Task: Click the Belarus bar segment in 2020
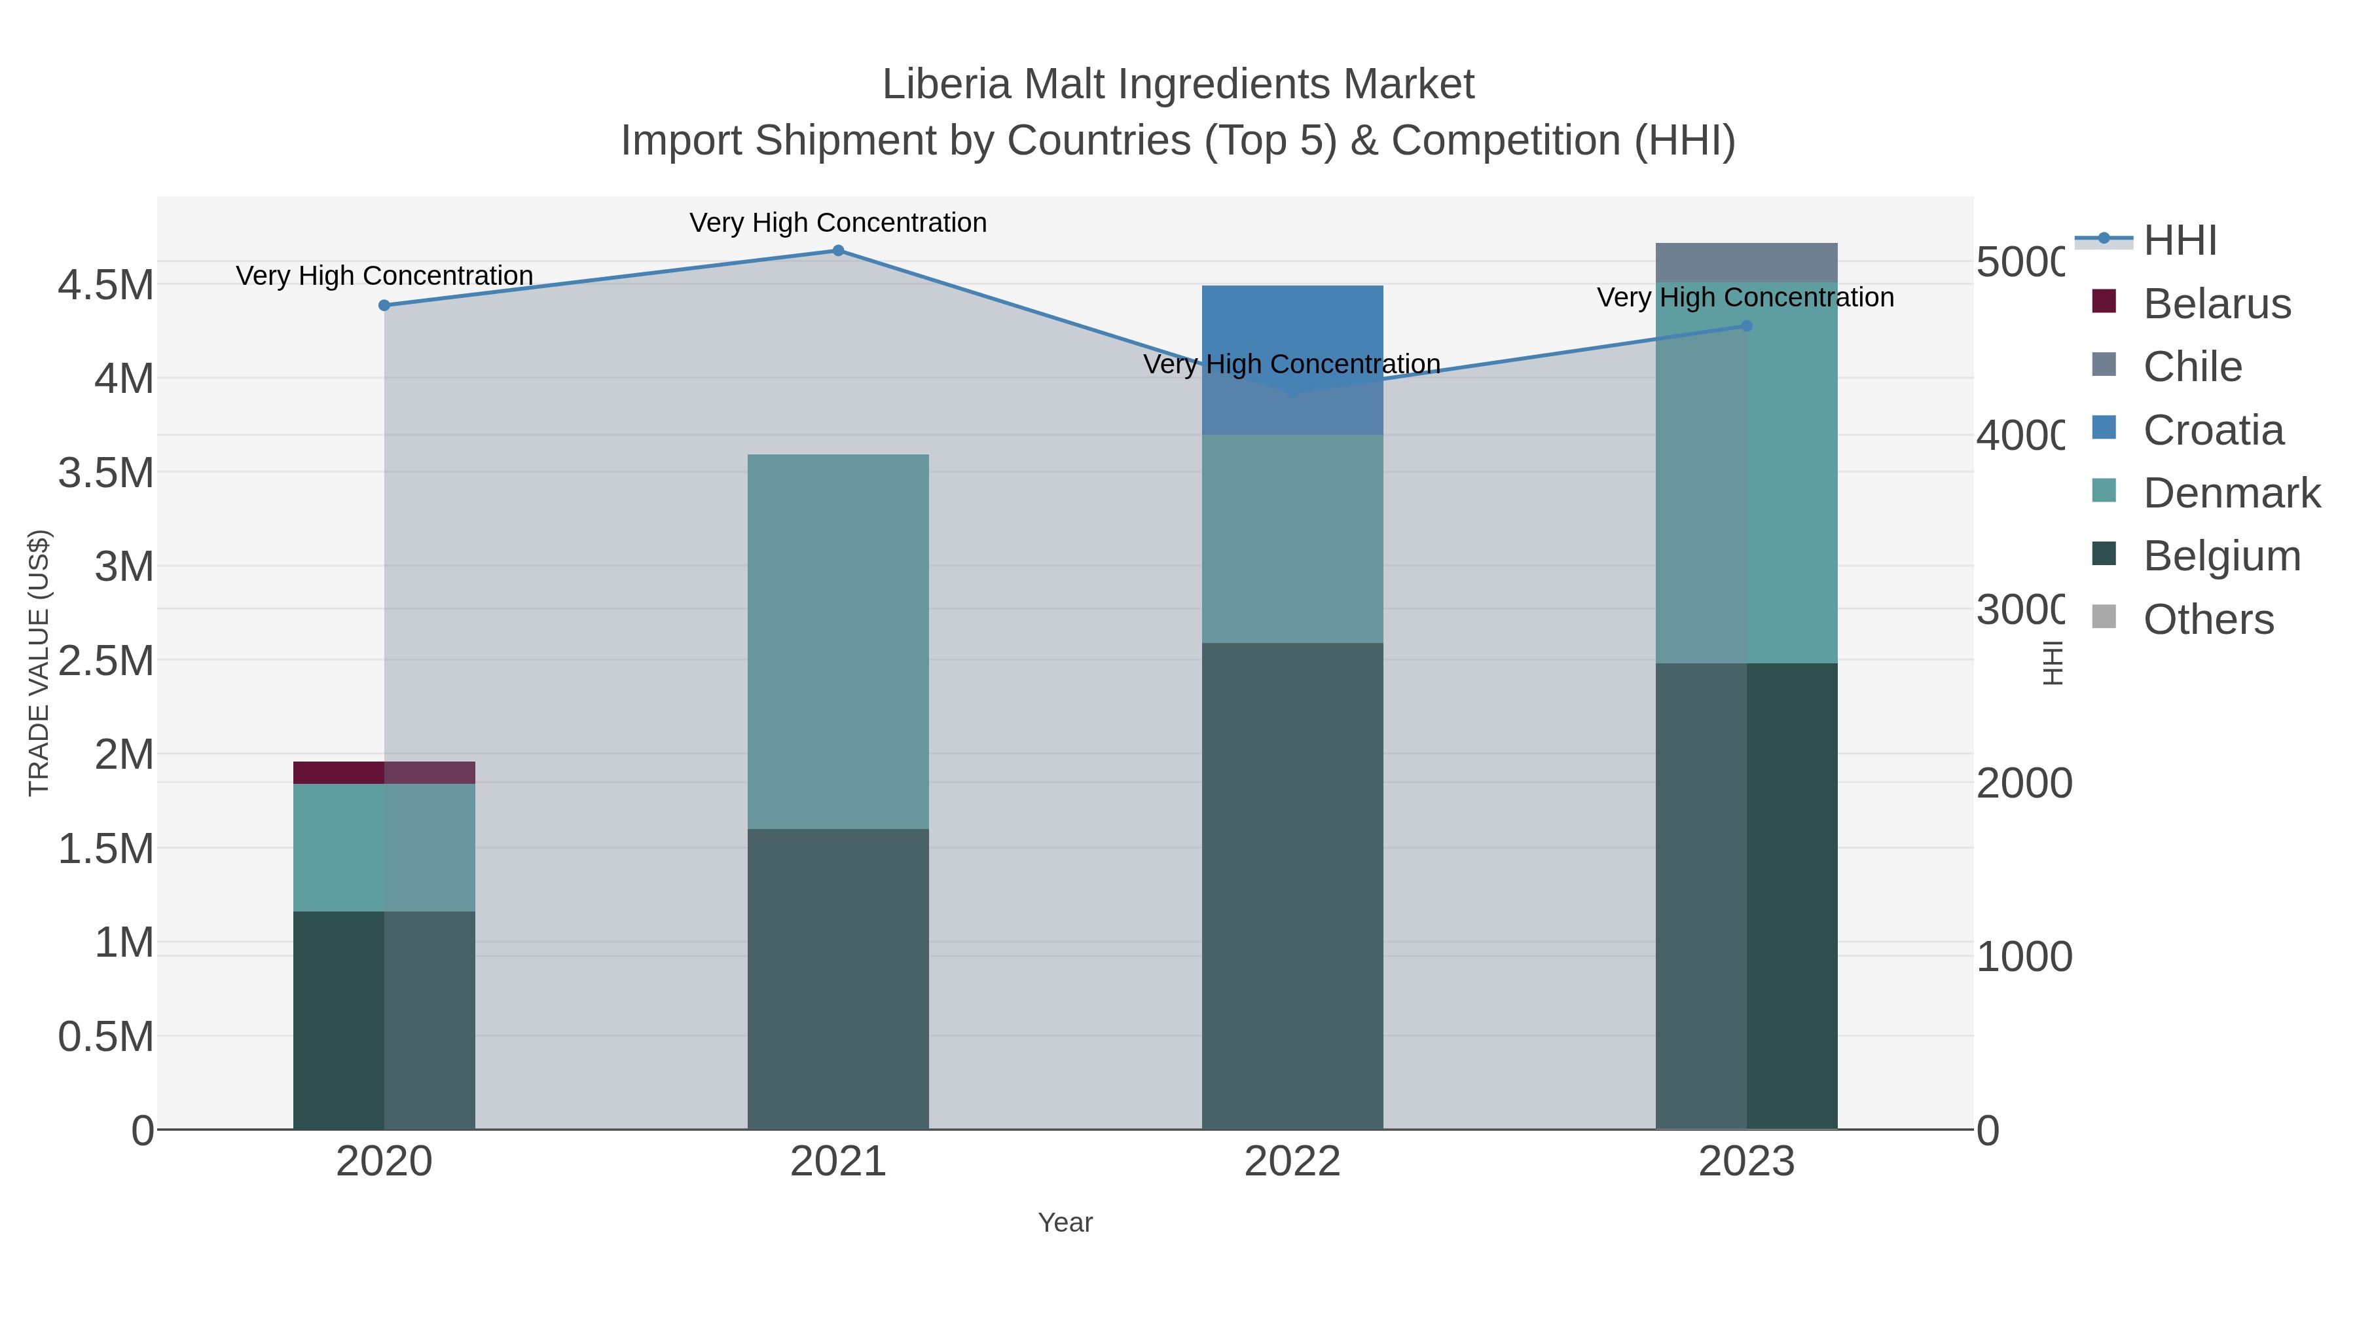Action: (x=384, y=773)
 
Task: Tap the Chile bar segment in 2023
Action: (x=1745, y=263)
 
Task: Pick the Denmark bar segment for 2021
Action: (x=838, y=640)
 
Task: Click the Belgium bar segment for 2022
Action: (x=1292, y=886)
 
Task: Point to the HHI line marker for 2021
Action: (x=838, y=251)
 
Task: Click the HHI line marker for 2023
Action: (x=1745, y=326)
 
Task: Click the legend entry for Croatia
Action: (x=2212, y=430)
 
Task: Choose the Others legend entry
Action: (x=2208, y=619)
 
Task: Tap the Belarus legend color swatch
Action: (x=2104, y=302)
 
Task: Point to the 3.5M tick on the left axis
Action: (x=106, y=473)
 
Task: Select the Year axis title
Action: (x=1065, y=1223)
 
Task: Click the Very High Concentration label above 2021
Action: (x=838, y=223)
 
